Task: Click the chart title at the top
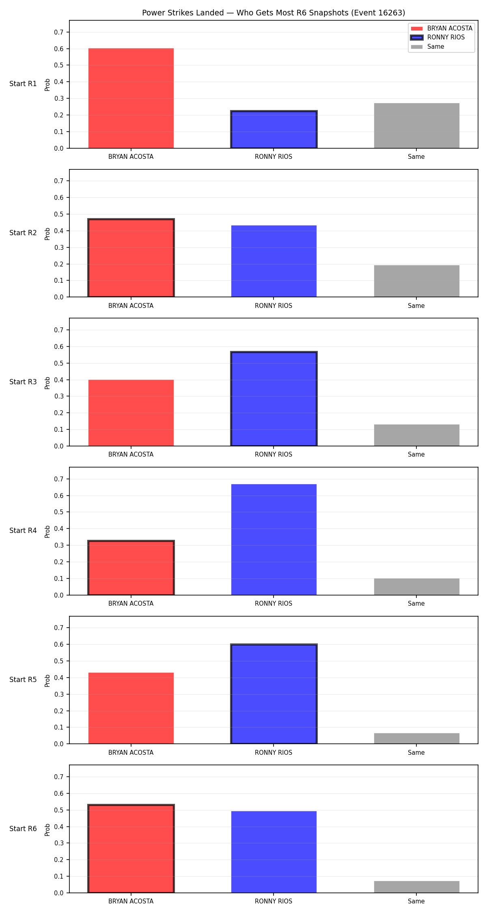274,13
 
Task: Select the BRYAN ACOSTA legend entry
442,28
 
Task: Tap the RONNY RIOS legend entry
438,37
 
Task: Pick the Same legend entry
428,47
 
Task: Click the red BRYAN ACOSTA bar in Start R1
131,98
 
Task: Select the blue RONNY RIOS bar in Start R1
274,130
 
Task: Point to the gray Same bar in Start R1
417,126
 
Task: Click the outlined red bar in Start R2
131,258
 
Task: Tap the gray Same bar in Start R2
417,281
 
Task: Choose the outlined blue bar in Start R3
274,399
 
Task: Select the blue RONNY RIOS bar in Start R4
274,539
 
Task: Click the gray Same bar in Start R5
417,739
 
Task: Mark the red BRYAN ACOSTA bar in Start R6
131,849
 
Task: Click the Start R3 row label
23,382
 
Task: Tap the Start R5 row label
23,680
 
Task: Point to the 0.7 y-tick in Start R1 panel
59,32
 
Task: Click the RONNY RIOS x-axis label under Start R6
274,901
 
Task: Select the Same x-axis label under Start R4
416,603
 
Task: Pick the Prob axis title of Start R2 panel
47,234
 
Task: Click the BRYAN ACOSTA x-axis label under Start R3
131,454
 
